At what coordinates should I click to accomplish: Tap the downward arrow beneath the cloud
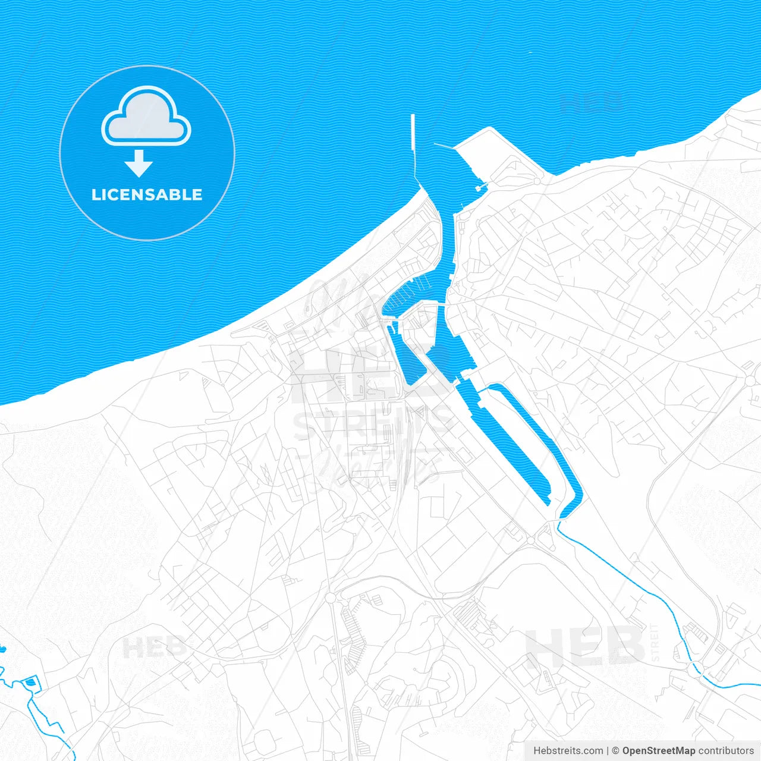(139, 163)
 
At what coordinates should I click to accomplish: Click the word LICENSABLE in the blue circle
(147, 194)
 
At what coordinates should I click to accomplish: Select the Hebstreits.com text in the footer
(568, 751)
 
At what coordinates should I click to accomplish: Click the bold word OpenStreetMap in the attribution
(658, 751)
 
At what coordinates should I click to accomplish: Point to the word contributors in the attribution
(726, 751)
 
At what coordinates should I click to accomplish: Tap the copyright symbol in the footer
(615, 751)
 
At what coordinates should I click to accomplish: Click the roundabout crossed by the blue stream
(693, 669)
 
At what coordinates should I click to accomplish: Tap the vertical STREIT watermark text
(655, 642)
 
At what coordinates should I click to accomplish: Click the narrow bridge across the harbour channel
(437, 304)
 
